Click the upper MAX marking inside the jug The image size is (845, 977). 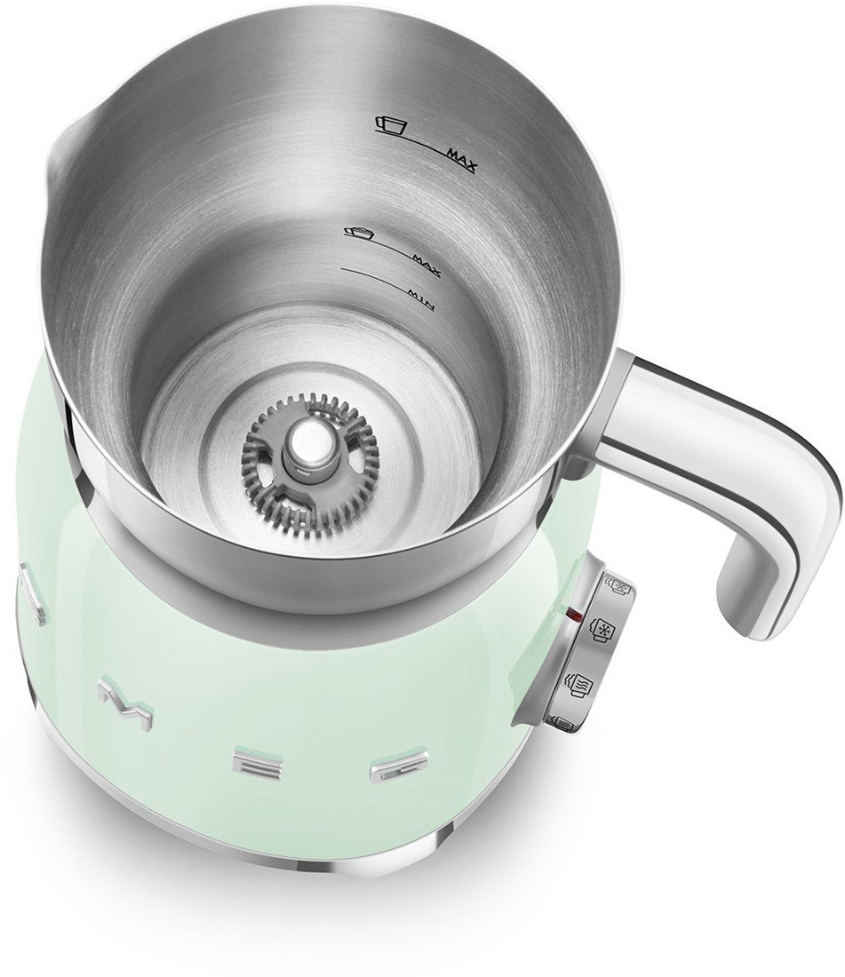point(462,160)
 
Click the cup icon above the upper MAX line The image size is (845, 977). point(390,124)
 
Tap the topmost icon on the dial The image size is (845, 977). point(618,588)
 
